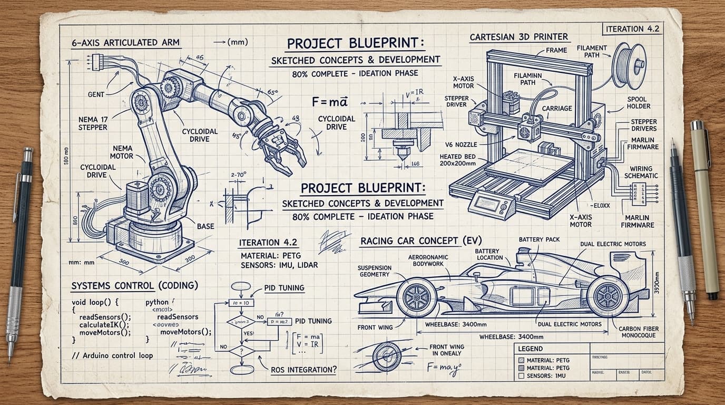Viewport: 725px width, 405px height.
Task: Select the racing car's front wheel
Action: [416, 297]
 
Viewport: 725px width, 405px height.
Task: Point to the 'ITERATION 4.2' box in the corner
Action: [633, 29]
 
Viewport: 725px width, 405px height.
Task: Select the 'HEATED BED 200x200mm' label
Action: [458, 160]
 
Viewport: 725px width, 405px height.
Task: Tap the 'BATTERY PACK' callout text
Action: [539, 239]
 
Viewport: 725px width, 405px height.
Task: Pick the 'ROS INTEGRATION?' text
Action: [303, 370]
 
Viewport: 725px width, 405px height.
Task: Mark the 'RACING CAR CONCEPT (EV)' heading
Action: [414, 241]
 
